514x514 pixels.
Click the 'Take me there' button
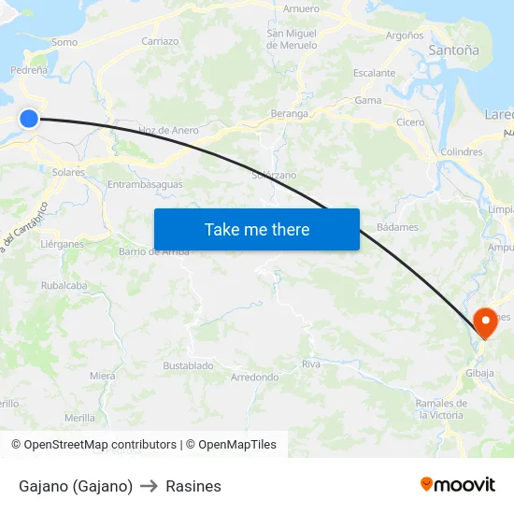257,229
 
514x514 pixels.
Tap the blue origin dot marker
29,118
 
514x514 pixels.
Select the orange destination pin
486,322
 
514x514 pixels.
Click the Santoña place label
453,50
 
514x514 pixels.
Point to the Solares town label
68,172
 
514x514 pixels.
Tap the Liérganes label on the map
63,244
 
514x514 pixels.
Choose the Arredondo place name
254,378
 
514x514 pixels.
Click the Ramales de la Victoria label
439,408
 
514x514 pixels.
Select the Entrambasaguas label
145,184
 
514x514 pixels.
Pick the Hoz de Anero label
168,130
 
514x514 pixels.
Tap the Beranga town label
289,113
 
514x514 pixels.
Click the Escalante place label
374,73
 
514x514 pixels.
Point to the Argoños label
405,36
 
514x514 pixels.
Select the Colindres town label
461,151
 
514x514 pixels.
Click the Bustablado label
188,365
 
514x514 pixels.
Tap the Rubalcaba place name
64,286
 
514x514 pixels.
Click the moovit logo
458,484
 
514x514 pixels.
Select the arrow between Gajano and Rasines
149,486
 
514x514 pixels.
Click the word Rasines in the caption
193,486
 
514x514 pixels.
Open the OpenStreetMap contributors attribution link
100,445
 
